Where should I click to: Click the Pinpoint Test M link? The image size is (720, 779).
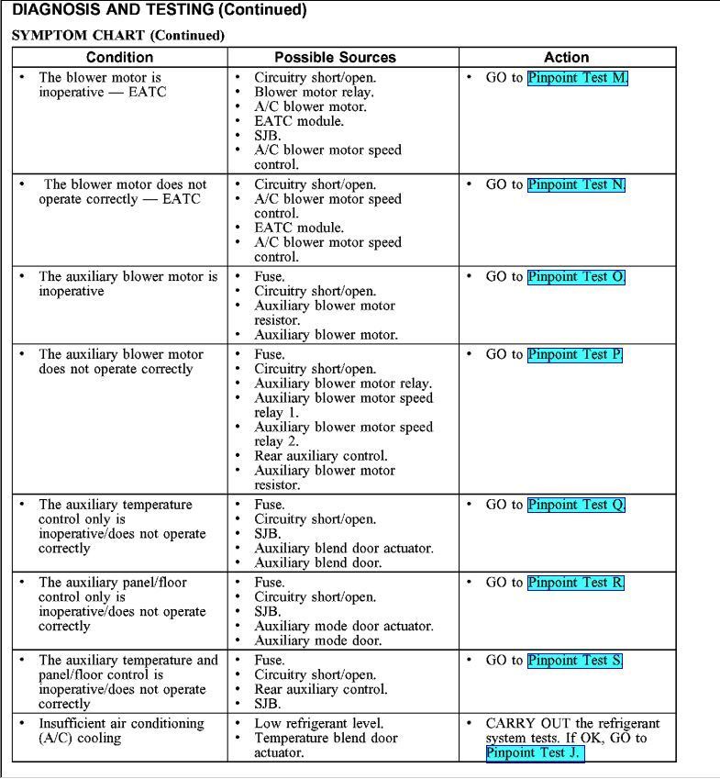pos(578,78)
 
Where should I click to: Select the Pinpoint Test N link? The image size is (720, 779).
pos(576,184)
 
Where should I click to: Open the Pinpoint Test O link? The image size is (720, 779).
pos(576,276)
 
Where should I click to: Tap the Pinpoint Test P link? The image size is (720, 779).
pos(575,354)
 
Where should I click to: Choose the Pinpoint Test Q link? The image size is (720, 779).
pos(576,505)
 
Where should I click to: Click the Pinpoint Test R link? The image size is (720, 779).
pos(576,583)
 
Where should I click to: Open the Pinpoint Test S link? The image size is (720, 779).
pos(575,661)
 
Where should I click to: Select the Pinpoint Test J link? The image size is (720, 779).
pos(535,753)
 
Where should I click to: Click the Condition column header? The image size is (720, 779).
pos(119,57)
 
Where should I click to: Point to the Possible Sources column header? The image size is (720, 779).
pos(343,57)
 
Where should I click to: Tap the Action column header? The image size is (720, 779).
pos(567,57)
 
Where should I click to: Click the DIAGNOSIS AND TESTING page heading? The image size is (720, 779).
pos(159,11)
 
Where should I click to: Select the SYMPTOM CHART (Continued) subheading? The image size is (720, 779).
pos(118,35)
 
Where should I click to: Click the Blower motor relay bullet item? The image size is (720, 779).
pos(314,92)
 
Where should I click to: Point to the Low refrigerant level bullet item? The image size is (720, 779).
pos(318,724)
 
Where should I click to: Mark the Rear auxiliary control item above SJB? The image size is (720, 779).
pos(321,689)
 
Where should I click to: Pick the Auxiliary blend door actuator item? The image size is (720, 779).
pos(344,549)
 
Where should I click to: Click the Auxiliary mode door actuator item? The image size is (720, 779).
pos(344,627)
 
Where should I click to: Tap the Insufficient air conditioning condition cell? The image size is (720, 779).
pos(121,731)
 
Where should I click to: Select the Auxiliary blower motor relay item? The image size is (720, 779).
pos(343,384)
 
